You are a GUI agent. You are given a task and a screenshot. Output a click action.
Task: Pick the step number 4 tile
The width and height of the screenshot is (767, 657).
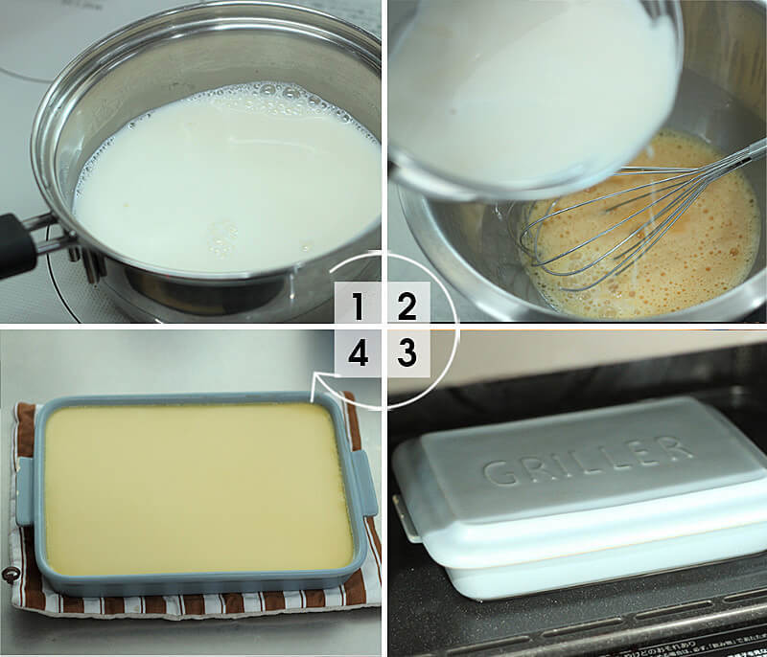pyautogui.click(x=358, y=353)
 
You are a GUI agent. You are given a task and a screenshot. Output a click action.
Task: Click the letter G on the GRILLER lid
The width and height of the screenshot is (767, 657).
pyautogui.click(x=500, y=473)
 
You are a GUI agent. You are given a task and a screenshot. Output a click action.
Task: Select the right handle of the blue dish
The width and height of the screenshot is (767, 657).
pyautogui.click(x=364, y=484)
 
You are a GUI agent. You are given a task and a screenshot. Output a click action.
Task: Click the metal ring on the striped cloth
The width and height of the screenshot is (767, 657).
pyautogui.click(x=9, y=574)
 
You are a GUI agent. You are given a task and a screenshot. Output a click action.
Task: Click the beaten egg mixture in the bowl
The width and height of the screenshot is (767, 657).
pyautogui.click(x=651, y=230)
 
